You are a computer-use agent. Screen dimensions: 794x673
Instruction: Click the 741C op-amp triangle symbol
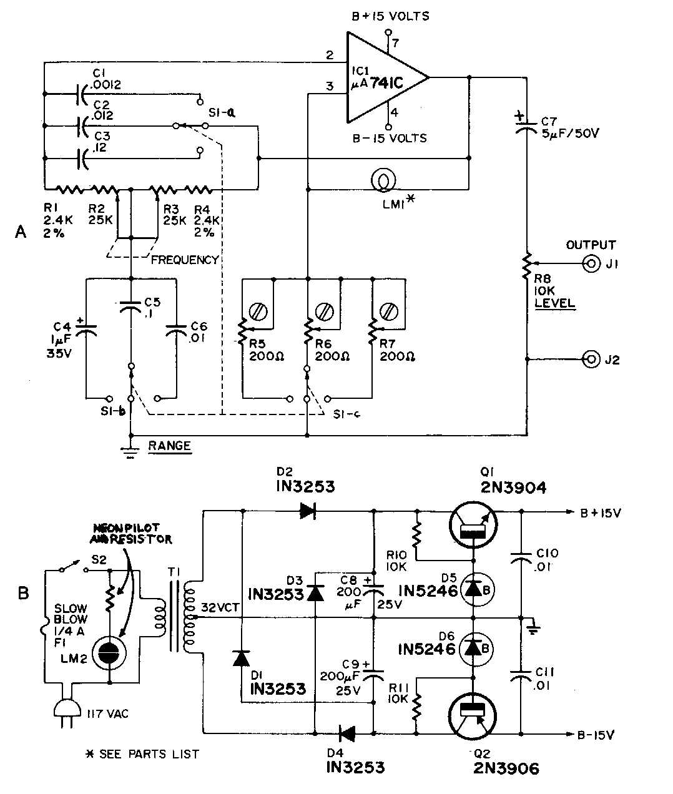pos(381,78)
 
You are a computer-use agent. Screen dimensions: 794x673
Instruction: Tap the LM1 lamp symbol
pos(381,180)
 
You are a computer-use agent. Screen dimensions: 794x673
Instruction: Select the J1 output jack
pos(589,264)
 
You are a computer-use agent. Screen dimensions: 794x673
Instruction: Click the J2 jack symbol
pos(589,359)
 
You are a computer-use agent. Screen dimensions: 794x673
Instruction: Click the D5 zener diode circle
pos(474,588)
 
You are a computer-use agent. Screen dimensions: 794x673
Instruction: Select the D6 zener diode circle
pos(474,648)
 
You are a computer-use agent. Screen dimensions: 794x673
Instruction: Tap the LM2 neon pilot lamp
pos(109,652)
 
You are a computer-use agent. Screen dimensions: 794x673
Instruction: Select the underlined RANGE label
pos(169,446)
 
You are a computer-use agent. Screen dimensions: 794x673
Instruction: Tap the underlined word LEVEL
pos(554,304)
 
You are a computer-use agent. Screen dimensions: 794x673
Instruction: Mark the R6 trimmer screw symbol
pos(323,310)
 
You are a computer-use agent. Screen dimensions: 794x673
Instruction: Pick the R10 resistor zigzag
pos(417,535)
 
